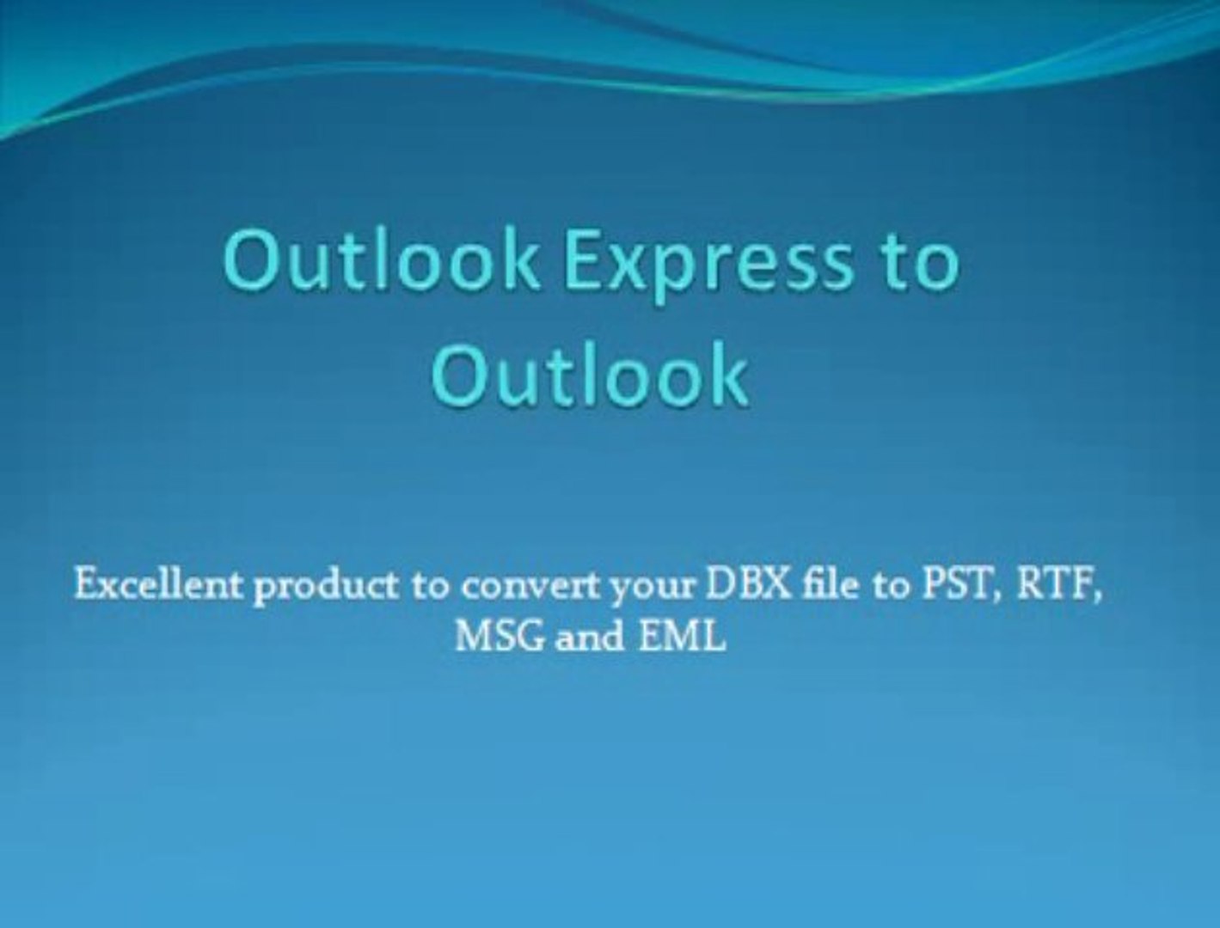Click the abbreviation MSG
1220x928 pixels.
tap(499, 637)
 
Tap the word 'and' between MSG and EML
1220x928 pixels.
tap(589, 637)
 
